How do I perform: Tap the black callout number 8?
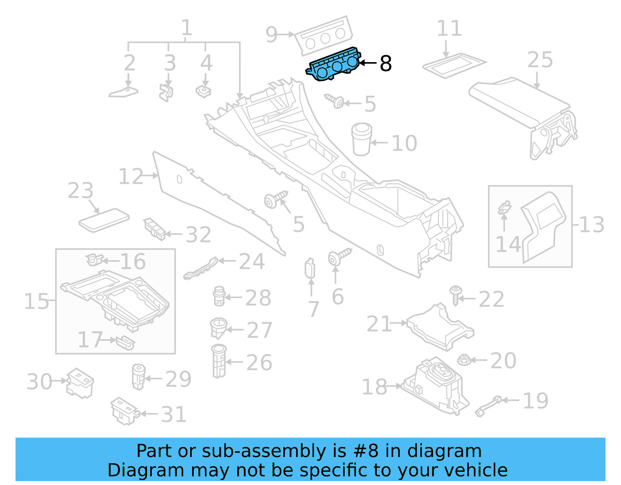click(385, 63)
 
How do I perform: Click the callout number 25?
click(540, 60)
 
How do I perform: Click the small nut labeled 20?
click(464, 360)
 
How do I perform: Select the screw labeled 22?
click(455, 295)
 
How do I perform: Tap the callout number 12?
click(131, 177)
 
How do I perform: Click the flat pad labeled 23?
click(104, 220)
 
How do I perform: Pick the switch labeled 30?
click(80, 382)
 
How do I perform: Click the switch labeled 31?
click(124, 411)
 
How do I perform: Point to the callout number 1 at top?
click(187, 28)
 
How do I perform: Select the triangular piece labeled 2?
click(124, 92)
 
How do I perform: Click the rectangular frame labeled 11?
click(454, 66)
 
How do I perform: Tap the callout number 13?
click(592, 224)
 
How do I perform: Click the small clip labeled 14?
click(504, 208)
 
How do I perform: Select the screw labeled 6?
click(338, 257)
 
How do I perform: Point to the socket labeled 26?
click(219, 361)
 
